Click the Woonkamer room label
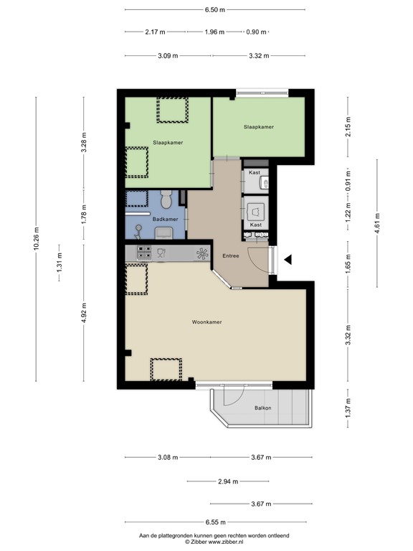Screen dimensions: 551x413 click(206, 322)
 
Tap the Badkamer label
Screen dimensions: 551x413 click(165, 219)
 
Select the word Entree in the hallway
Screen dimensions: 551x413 click(230, 256)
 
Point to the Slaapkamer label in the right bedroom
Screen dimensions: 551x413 click(259, 127)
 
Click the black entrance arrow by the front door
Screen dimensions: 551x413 click(288, 260)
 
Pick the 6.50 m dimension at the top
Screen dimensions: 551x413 click(214, 10)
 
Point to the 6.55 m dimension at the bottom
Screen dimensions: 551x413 click(214, 522)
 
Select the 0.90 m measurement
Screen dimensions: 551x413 click(257, 32)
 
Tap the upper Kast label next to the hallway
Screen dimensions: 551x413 click(254, 172)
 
